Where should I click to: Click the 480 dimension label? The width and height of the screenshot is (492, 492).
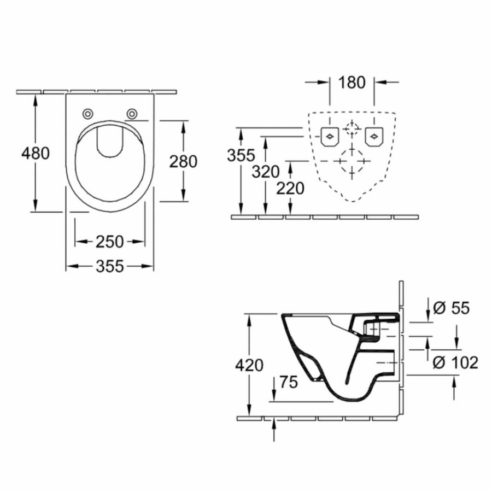[x=36, y=154]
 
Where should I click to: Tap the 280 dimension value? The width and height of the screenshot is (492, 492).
[x=183, y=162]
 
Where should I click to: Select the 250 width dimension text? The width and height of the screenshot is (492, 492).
[x=109, y=242]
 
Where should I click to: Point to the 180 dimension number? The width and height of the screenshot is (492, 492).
[x=352, y=83]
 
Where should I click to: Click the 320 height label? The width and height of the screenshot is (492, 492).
[x=266, y=172]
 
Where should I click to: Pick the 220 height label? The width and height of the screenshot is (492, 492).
[x=290, y=189]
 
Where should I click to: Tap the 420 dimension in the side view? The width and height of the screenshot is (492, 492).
[x=249, y=365]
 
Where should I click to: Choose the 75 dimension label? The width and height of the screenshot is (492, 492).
[x=288, y=382]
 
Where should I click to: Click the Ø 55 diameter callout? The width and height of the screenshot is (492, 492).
[x=451, y=308]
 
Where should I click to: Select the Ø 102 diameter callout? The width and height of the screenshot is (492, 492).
[x=455, y=362]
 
